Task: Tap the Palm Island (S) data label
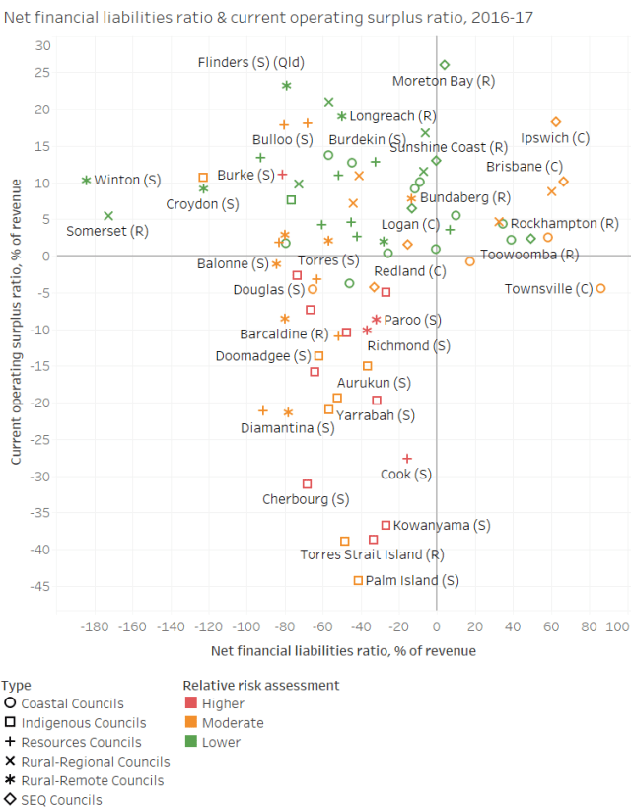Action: point(412,581)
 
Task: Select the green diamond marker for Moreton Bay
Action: point(445,65)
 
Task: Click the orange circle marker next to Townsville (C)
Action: point(600,289)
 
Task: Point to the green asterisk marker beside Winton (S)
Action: point(87,181)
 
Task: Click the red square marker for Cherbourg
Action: point(308,484)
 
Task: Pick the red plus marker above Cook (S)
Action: point(407,459)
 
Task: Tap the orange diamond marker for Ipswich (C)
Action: point(556,122)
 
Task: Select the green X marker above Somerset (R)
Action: point(108,216)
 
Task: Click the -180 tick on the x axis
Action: point(95,627)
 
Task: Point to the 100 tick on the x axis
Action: point(617,627)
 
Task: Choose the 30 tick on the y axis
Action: point(43,46)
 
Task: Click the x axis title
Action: point(343,651)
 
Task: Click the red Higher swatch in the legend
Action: point(190,704)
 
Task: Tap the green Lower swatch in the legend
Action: point(190,742)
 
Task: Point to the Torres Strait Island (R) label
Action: point(372,555)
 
